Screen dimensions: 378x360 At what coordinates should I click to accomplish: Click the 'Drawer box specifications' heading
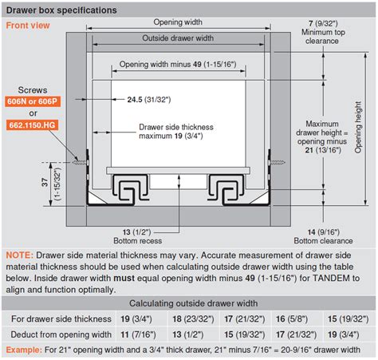click(x=61, y=10)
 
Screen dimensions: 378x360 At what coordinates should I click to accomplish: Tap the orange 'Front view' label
click(x=28, y=26)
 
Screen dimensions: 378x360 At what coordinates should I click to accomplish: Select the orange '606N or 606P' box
click(x=33, y=101)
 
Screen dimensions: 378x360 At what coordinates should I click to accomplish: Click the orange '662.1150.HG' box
click(x=32, y=125)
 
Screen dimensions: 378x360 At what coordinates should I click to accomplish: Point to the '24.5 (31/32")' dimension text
click(x=149, y=100)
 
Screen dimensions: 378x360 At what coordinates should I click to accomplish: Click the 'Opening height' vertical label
click(x=358, y=127)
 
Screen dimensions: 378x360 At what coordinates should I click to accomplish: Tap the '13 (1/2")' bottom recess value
click(x=136, y=232)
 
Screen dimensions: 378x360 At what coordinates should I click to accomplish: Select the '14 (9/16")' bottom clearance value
click(x=324, y=232)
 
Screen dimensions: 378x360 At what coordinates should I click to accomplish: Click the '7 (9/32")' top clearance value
click(x=323, y=24)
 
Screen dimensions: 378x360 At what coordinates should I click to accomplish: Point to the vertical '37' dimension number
click(x=45, y=182)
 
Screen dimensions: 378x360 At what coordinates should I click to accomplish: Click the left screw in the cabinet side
click(x=81, y=162)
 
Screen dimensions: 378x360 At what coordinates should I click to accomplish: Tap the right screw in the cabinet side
click(x=277, y=162)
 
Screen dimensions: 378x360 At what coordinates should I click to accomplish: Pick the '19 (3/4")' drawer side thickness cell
click(x=136, y=319)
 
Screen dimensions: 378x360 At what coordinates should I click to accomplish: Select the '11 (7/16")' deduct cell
click(x=138, y=334)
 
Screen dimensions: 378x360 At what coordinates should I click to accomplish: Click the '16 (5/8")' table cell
click(x=292, y=319)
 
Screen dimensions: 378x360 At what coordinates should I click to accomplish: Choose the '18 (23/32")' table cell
click(x=193, y=319)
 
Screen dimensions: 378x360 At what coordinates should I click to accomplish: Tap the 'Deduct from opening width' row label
click(x=61, y=334)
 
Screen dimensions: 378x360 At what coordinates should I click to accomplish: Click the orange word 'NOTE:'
click(x=20, y=255)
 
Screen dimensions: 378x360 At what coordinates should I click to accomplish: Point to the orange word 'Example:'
click(x=24, y=350)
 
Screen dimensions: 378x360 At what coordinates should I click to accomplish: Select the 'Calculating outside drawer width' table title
click(x=194, y=303)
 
